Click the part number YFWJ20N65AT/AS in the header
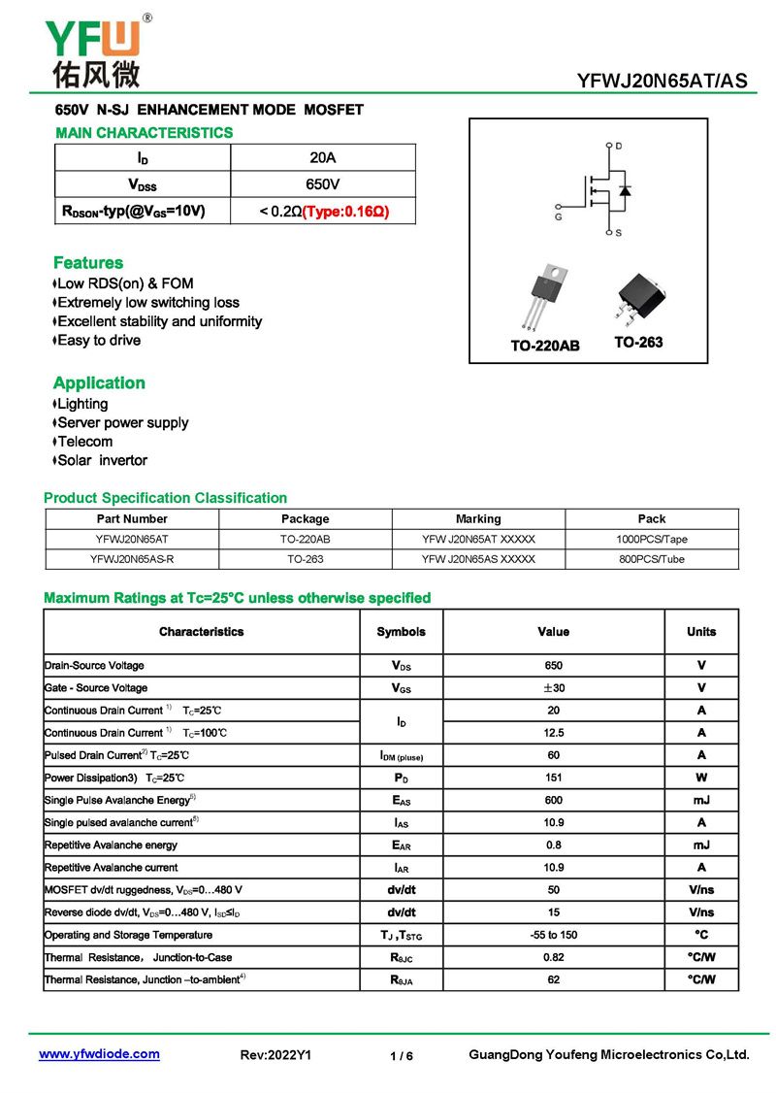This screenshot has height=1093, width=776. click(x=663, y=82)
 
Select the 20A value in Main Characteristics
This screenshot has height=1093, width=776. click(x=323, y=157)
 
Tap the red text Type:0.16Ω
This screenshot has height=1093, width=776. click(x=345, y=211)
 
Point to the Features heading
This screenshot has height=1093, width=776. click(x=88, y=263)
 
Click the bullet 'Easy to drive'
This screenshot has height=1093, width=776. click(x=99, y=341)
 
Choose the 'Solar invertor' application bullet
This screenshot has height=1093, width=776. click(x=102, y=460)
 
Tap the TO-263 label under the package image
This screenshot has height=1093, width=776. click(x=638, y=343)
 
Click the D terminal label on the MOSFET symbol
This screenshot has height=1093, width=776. click(x=619, y=147)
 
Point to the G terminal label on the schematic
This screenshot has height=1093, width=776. click(x=559, y=216)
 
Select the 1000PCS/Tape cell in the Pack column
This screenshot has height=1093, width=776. click(x=652, y=539)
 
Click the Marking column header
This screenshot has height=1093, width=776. click(x=478, y=518)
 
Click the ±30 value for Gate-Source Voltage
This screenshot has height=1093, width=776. click(x=553, y=688)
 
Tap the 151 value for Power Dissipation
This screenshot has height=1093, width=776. click(x=553, y=778)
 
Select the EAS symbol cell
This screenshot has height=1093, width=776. click(x=401, y=801)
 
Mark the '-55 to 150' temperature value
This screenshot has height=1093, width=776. click(x=553, y=935)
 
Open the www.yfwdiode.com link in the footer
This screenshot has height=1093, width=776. click(x=99, y=1054)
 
